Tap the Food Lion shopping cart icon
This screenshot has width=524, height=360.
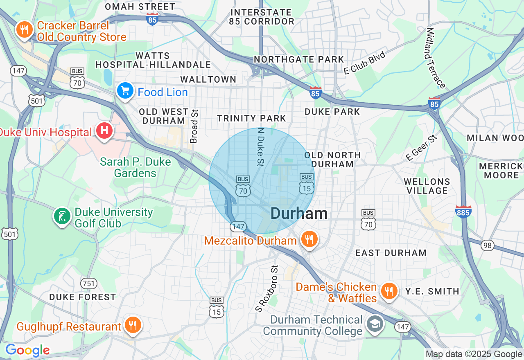[x=125, y=91]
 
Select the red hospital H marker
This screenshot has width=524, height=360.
[x=104, y=131]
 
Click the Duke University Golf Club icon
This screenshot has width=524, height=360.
[x=62, y=216]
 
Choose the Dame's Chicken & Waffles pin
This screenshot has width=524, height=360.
[x=389, y=291]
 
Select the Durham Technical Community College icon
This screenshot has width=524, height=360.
[x=375, y=324]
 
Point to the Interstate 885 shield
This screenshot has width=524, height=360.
[x=463, y=211]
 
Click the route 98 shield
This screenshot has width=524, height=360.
[x=487, y=245]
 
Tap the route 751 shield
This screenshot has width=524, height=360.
[x=88, y=283]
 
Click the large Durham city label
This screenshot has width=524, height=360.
[x=299, y=213]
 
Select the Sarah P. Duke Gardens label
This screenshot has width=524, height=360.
[x=135, y=167]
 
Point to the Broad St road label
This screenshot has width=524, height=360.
[x=194, y=126]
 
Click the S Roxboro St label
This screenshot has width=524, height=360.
[x=267, y=289]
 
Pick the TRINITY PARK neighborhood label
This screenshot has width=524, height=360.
[x=251, y=118]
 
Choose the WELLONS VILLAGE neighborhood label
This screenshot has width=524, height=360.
[x=427, y=186]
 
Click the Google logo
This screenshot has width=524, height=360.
[x=27, y=351]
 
